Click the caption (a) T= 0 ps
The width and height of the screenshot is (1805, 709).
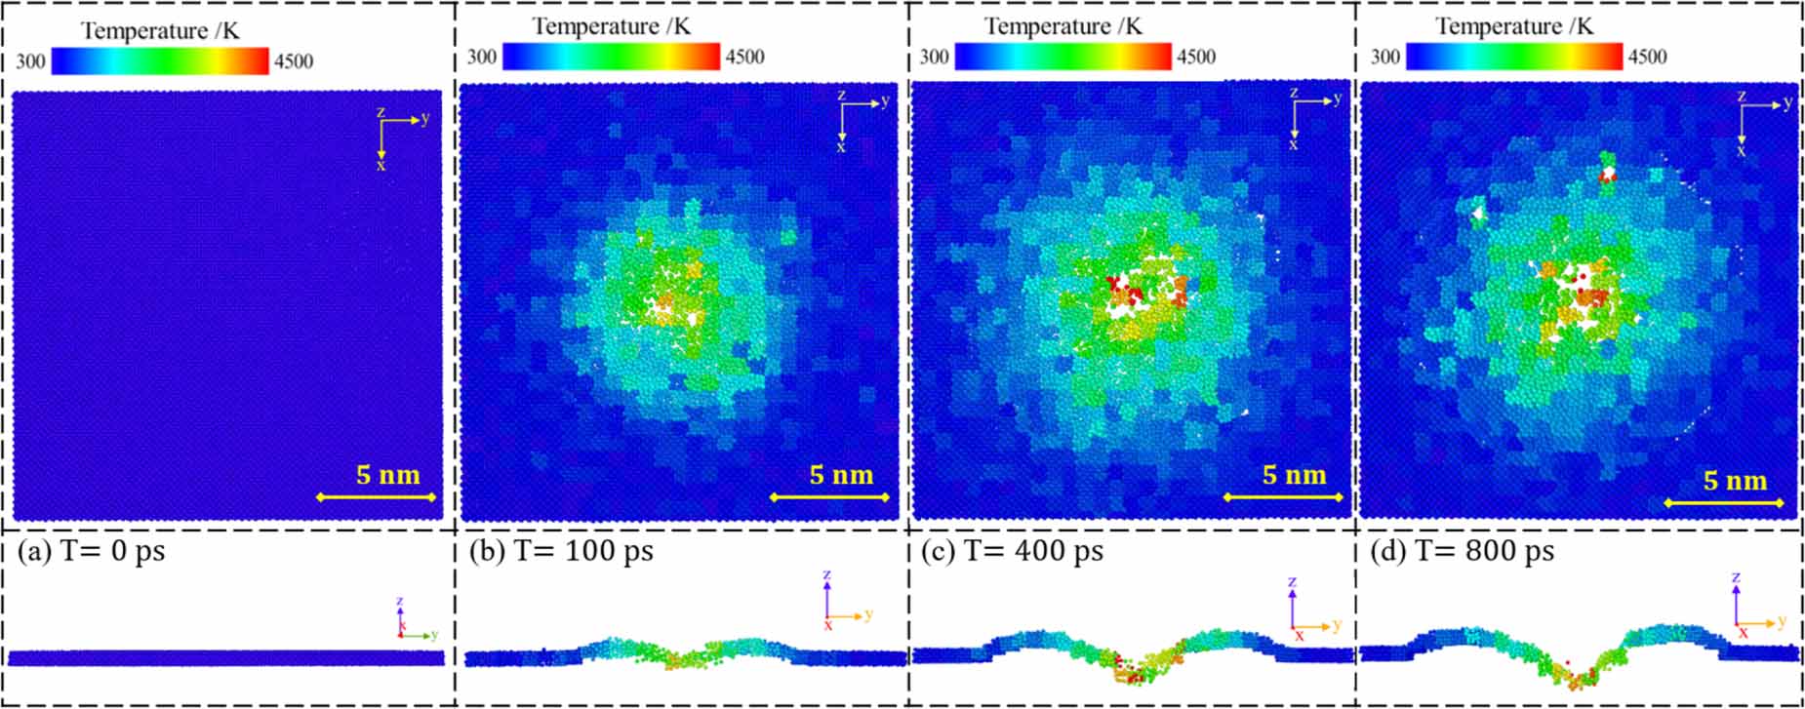pyautogui.click(x=92, y=551)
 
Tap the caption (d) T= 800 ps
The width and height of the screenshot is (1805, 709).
pyautogui.click(x=1462, y=551)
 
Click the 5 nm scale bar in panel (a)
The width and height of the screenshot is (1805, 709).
pyautogui.click(x=377, y=497)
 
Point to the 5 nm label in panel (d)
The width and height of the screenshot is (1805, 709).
pyautogui.click(x=1735, y=481)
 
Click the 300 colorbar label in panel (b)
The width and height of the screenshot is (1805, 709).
pyautogui.click(x=481, y=57)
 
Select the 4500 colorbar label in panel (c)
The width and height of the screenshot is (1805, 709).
pyautogui.click(x=1195, y=57)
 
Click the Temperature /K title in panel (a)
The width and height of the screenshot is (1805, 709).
pyautogui.click(x=160, y=31)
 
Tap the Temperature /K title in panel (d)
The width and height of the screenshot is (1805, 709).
pyautogui.click(x=1514, y=26)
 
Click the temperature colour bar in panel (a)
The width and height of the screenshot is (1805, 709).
pyautogui.click(x=160, y=61)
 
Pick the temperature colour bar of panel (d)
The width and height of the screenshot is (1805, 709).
pyautogui.click(x=1514, y=57)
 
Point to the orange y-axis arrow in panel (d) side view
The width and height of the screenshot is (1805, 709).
pyautogui.click(x=1762, y=623)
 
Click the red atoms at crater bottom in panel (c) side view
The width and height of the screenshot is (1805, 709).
pyautogui.click(x=1132, y=674)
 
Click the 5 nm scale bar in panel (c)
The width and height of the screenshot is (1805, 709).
pyautogui.click(x=1283, y=497)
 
